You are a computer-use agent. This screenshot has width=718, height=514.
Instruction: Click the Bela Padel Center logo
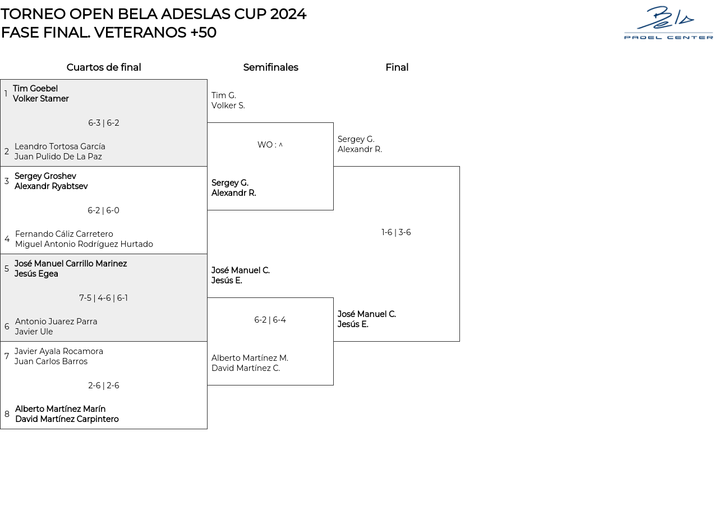[x=668, y=23]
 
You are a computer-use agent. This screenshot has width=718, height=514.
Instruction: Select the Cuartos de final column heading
[x=104, y=67]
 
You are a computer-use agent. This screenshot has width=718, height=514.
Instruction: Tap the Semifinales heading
[x=270, y=67]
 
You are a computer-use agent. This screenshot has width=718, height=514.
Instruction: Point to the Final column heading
[x=397, y=67]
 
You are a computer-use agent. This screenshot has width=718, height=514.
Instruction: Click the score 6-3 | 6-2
[x=104, y=123]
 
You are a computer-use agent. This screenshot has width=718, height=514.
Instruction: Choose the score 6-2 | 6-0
[x=104, y=210]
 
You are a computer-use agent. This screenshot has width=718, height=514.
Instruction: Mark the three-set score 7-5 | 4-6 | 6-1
[x=104, y=298]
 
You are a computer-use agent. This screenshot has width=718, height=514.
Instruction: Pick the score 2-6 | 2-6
[x=104, y=385]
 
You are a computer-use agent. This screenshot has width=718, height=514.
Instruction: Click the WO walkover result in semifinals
[x=270, y=145]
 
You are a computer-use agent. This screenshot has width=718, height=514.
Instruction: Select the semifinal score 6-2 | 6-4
[x=270, y=320]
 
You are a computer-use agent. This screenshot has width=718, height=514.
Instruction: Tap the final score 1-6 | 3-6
[x=396, y=232]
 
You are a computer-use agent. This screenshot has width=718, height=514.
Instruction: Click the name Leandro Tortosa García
[x=60, y=146]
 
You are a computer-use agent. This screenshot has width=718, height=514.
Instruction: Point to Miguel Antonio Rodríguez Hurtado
[x=84, y=244]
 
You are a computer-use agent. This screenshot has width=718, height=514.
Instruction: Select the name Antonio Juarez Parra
[x=56, y=322]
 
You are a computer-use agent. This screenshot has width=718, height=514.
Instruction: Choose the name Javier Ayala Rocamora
[x=59, y=351]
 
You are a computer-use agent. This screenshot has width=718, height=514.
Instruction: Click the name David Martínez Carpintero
[x=67, y=419]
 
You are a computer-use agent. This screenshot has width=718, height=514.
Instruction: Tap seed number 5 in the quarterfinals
[x=7, y=269]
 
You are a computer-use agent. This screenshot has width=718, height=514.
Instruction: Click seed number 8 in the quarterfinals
[x=7, y=414]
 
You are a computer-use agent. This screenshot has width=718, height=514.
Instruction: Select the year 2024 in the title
[x=288, y=14]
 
